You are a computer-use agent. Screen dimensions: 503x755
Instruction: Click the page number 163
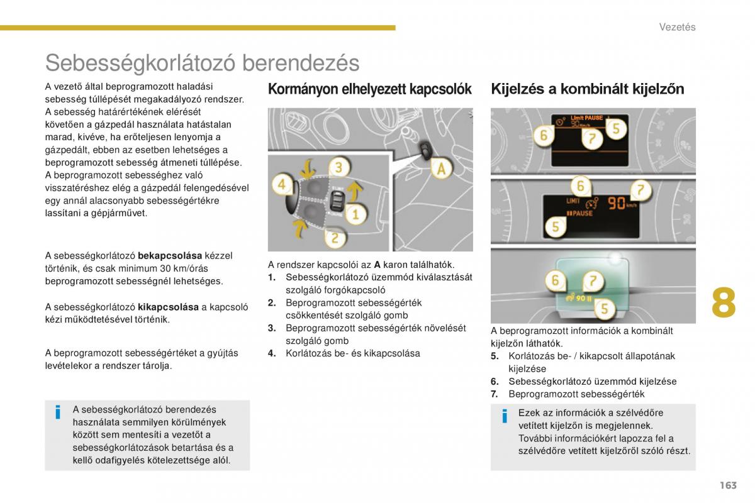(728, 485)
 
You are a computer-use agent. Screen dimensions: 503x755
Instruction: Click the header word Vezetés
(677, 26)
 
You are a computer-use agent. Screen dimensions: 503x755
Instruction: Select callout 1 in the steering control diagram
(355, 214)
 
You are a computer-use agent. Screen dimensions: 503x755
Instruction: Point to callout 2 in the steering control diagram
(335, 238)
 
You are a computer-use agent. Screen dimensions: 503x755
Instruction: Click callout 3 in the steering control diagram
(338, 167)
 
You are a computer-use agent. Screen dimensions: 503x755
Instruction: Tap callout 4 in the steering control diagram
(282, 185)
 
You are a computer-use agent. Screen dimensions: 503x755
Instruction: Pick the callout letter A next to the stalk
(442, 169)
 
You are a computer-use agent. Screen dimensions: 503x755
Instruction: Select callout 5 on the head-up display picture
(604, 308)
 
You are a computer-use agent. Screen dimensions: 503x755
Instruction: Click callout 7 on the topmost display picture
(592, 139)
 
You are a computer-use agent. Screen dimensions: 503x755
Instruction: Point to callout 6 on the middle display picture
(580, 186)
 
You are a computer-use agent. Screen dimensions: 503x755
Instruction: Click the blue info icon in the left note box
(58, 412)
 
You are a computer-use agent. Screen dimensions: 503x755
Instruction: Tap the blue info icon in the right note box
(504, 416)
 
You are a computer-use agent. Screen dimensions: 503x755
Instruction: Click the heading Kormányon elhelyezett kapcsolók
(369, 89)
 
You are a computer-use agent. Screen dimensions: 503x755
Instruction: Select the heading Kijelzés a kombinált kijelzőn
(587, 89)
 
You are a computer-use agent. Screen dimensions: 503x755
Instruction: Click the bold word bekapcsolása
(170, 256)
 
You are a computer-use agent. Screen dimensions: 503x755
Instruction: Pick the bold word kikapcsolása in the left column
(168, 307)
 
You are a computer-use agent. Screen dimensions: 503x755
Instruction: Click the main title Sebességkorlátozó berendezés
(202, 63)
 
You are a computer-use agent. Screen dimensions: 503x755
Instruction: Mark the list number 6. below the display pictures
(495, 382)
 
